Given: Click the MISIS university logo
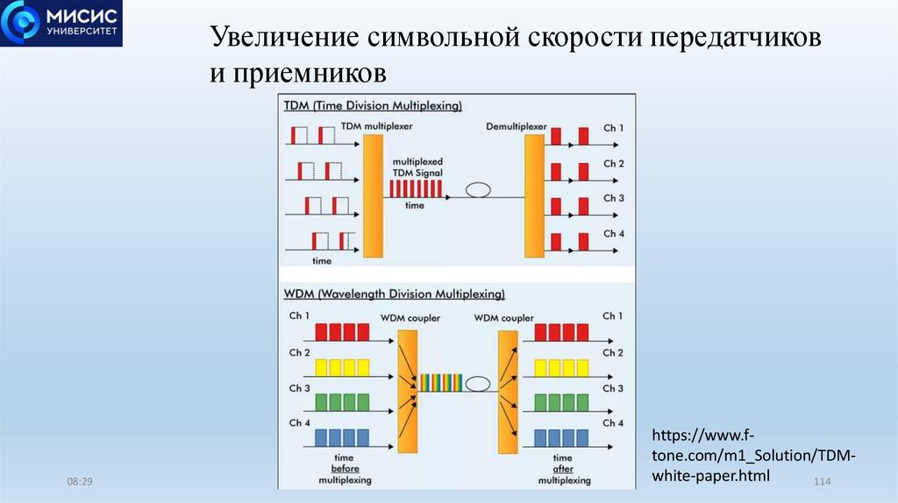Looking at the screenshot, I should (x=61, y=24).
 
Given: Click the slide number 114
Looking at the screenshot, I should (x=823, y=483).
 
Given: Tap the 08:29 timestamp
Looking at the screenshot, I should (x=80, y=483).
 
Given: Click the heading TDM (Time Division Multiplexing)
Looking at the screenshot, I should (x=373, y=105).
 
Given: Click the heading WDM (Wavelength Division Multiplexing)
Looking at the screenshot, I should (x=394, y=294).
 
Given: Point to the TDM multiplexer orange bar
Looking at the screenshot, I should (x=372, y=195).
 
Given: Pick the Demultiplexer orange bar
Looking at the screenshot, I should (x=535, y=195).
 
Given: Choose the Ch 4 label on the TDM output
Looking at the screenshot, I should (x=614, y=234).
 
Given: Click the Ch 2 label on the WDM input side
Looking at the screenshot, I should (x=299, y=352).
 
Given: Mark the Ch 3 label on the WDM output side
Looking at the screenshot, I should (x=614, y=388).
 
